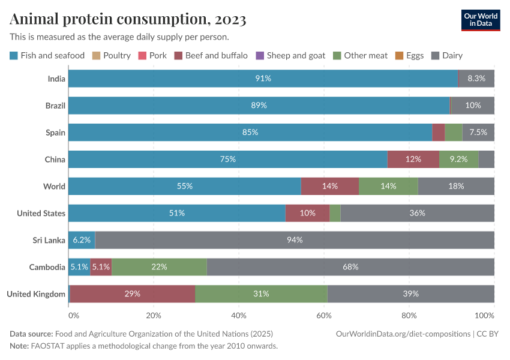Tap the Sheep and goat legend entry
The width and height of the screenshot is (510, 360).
click(x=291, y=56)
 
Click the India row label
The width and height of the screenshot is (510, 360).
click(x=56, y=79)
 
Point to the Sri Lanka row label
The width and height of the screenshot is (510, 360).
click(x=49, y=240)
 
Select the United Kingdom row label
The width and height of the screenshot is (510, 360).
click(x=36, y=294)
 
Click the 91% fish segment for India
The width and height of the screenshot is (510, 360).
click(x=263, y=79)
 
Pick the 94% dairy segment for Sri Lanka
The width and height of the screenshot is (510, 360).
click(x=294, y=240)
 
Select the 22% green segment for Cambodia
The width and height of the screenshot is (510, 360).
click(x=159, y=267)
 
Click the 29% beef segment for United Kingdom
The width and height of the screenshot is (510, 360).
click(x=133, y=294)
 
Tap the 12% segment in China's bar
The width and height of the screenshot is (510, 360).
click(x=413, y=159)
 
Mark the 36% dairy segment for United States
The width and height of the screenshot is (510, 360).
click(x=417, y=213)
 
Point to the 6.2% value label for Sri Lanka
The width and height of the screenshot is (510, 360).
click(x=82, y=240)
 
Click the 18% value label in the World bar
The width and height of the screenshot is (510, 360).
click(x=456, y=186)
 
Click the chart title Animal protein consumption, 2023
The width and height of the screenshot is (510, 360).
click(x=127, y=20)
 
